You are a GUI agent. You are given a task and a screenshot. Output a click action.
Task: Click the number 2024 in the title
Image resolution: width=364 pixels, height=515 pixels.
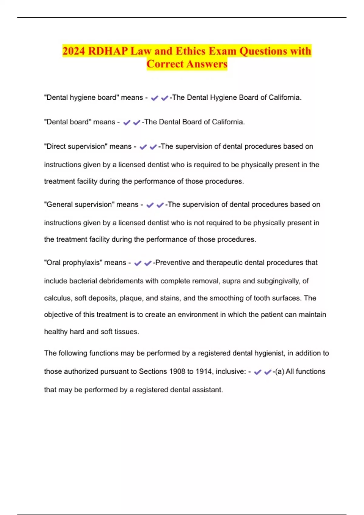click(74, 51)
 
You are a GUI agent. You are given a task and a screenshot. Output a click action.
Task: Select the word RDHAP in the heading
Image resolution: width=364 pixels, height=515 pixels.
click(108, 51)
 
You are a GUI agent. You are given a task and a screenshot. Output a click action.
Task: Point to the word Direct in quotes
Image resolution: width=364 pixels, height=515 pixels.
click(55, 146)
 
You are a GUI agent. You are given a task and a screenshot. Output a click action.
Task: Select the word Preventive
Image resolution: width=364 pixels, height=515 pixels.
click(172, 263)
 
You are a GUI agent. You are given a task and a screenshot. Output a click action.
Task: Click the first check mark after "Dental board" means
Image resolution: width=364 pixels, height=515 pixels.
click(126, 122)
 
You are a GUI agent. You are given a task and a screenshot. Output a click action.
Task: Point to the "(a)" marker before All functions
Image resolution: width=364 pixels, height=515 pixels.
click(280, 371)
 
